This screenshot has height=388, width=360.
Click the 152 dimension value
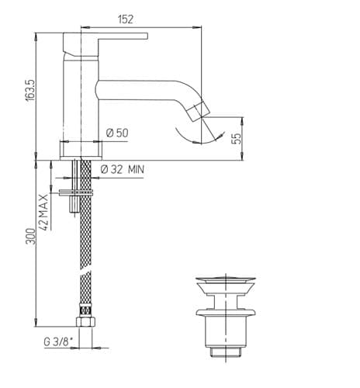coord(126,19)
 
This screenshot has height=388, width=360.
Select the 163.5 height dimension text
coord(30,90)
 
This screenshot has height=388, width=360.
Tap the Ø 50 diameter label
coord(117,133)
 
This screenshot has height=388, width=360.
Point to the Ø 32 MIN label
coord(123,169)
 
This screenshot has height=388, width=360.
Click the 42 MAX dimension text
coord(43,212)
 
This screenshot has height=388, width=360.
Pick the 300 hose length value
coord(30,236)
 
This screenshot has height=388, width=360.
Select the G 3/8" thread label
coord(57,342)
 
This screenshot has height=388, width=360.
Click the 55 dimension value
coord(236,139)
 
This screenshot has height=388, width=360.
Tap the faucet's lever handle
coord(105,44)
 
